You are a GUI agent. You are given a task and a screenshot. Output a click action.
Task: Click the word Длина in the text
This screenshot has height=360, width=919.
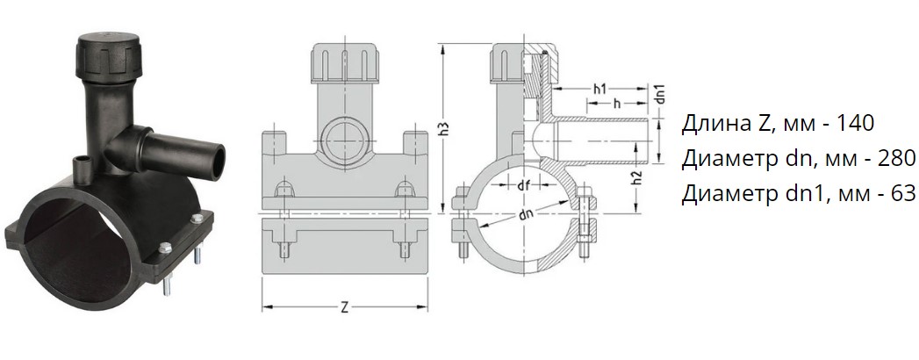712,124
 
